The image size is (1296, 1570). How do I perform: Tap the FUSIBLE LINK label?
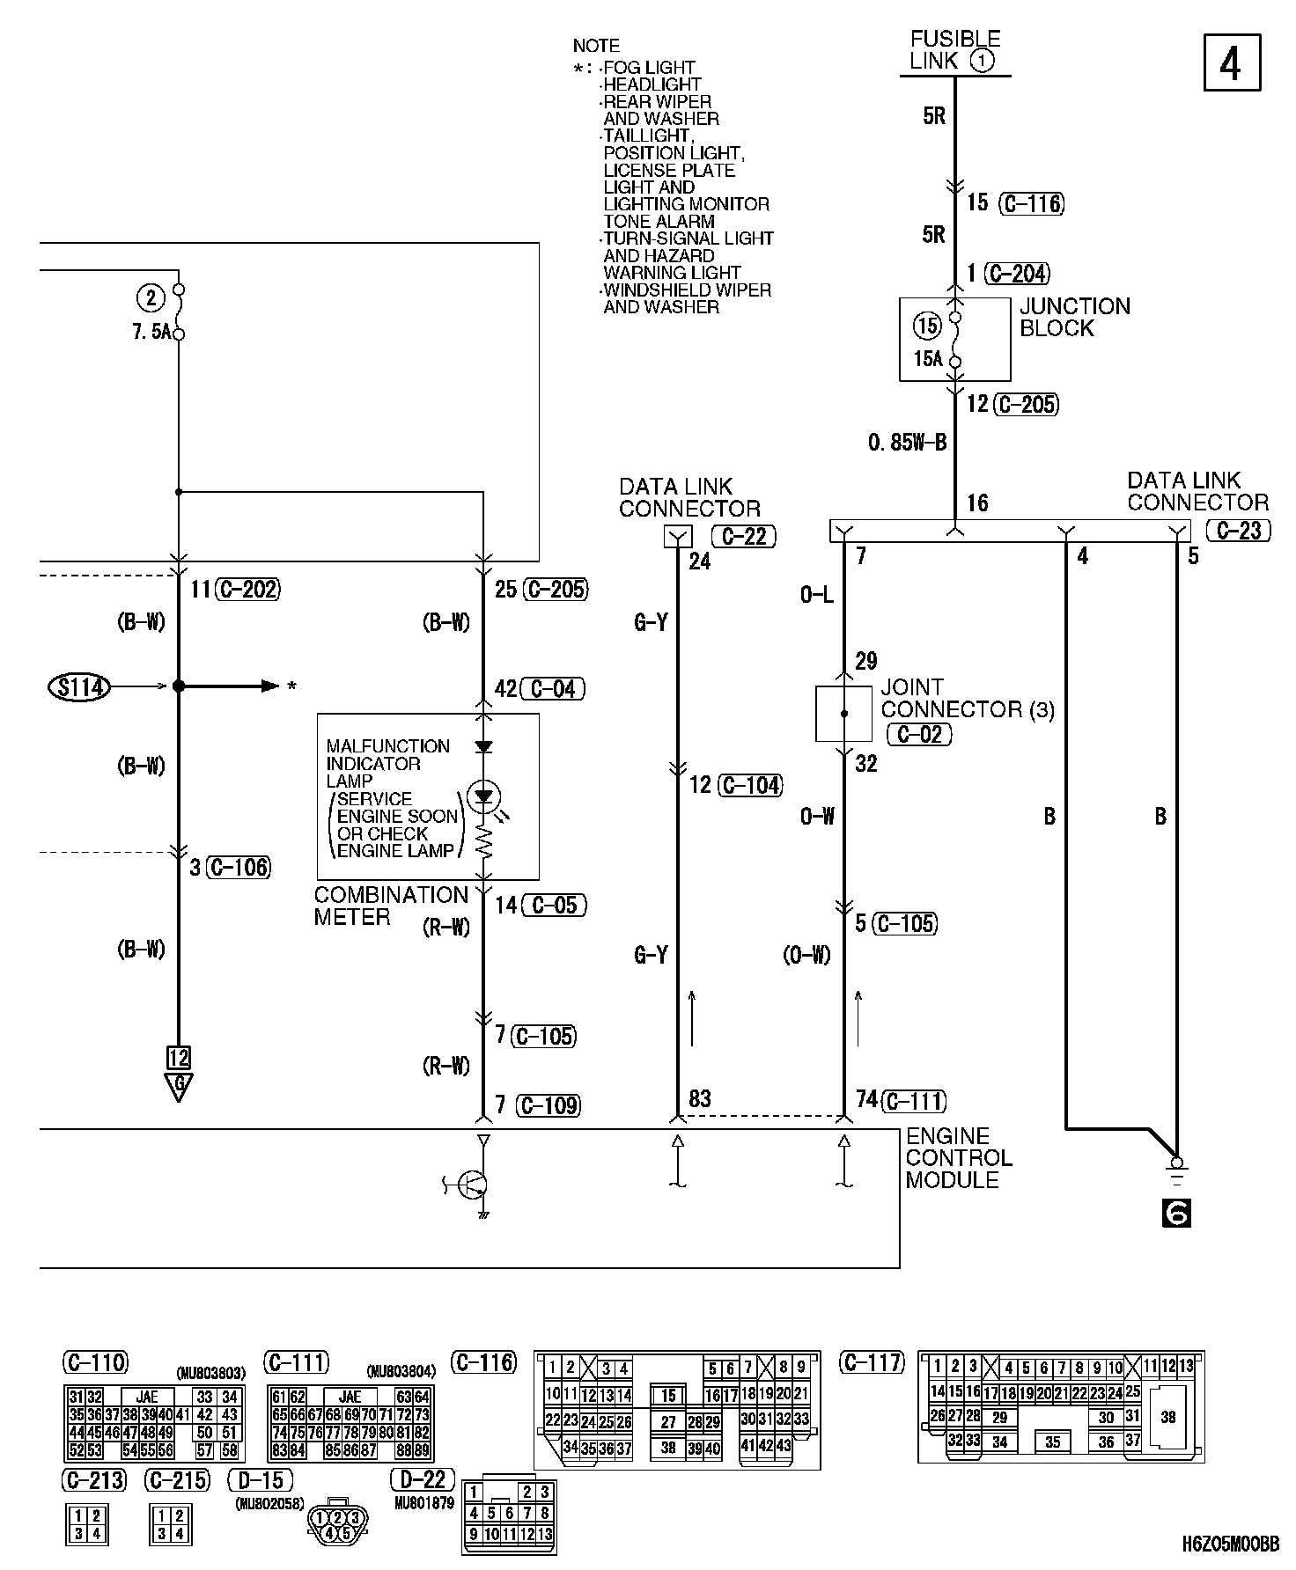point(954,50)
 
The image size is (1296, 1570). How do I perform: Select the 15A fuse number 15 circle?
point(927,326)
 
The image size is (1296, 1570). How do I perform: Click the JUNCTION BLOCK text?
point(1074,317)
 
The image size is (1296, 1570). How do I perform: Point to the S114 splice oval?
point(79,686)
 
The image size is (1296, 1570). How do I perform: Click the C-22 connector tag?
point(744,536)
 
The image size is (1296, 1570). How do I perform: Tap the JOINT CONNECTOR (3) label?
point(967,698)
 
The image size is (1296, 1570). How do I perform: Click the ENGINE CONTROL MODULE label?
point(959,1157)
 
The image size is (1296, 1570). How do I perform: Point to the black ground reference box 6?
point(1176,1214)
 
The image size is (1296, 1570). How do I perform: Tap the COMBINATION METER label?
point(390,906)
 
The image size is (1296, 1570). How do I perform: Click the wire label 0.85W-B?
point(907,443)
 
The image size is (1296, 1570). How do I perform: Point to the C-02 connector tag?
point(919,734)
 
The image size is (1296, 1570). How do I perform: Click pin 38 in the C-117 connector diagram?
point(1167,1417)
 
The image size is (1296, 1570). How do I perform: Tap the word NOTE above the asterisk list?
point(596,46)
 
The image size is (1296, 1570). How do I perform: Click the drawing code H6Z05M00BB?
point(1231,1544)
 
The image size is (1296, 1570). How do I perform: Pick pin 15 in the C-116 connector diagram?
point(669,1395)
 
